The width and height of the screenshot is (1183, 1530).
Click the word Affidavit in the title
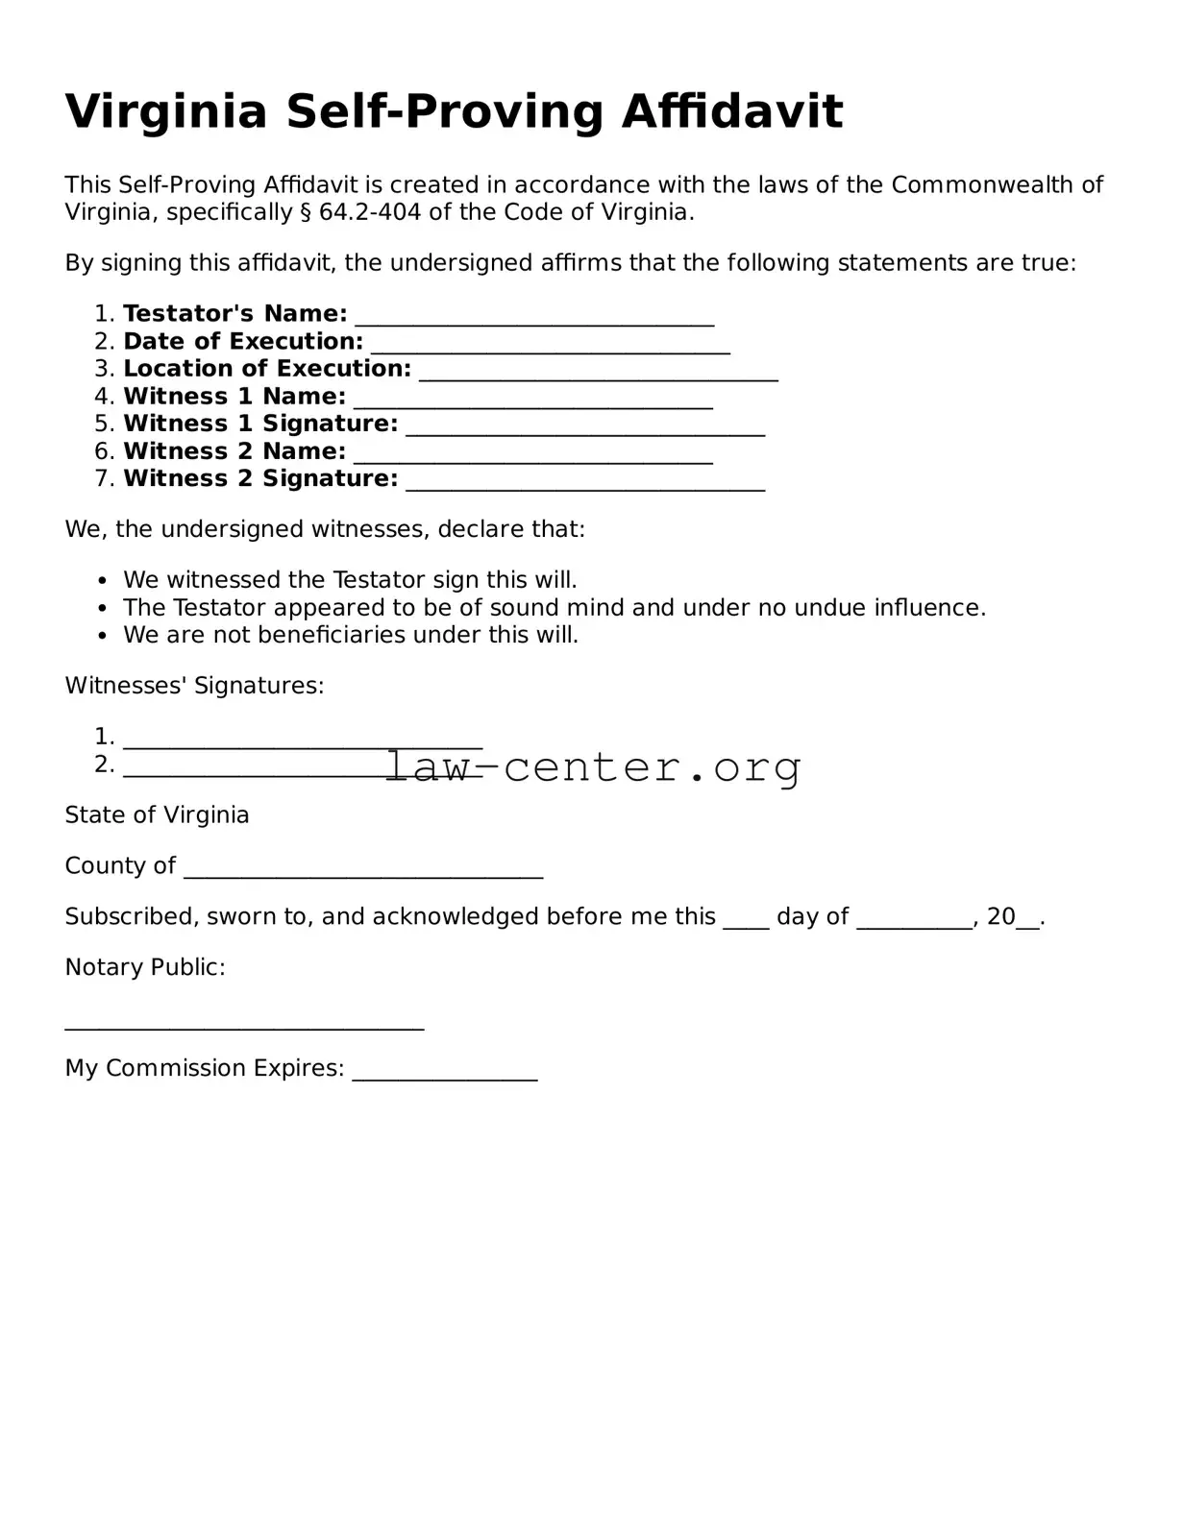tap(731, 111)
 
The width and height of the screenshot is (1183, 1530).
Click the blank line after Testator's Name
tap(534, 320)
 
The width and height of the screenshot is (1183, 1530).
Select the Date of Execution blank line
tap(550, 348)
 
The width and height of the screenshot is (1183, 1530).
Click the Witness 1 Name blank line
tap(533, 402)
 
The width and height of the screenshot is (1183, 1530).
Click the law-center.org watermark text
tap(593, 766)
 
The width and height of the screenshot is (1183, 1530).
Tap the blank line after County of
tap(363, 872)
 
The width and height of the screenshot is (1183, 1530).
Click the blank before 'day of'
tap(746, 923)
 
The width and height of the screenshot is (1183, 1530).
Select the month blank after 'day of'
tap(914, 923)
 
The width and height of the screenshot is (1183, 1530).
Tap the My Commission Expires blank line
tap(445, 1075)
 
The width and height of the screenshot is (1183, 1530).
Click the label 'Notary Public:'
tap(145, 967)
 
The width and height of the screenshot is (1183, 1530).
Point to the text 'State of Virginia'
tap(157, 815)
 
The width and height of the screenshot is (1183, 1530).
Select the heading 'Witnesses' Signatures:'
tap(194, 686)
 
